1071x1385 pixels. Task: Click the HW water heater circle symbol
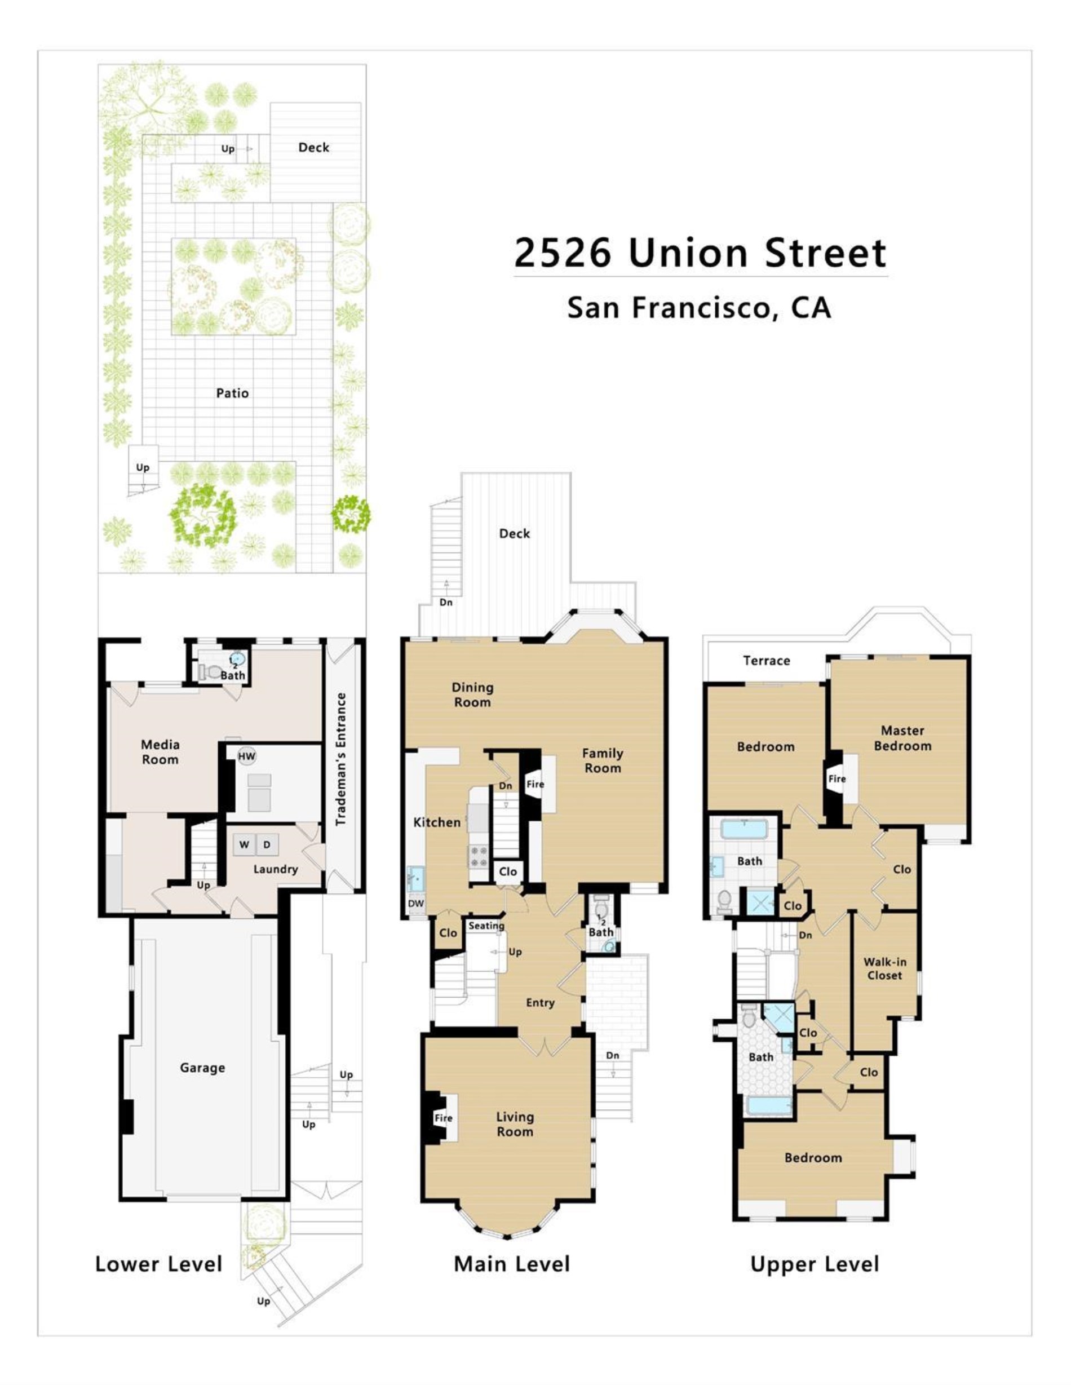coord(247,756)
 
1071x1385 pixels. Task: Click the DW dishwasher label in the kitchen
coord(415,904)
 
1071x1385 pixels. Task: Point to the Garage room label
coord(202,1068)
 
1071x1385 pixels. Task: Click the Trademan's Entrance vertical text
coord(341,759)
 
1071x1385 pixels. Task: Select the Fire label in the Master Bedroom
coord(837,779)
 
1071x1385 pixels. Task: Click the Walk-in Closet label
coord(884,968)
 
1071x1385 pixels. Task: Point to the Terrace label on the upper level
coord(767,661)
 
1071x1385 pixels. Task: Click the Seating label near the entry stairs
coord(486,926)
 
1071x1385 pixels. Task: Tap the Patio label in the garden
coord(232,393)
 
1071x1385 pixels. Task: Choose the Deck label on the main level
coord(514,533)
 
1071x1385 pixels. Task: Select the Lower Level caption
coord(158,1264)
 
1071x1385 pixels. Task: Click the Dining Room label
coord(472,694)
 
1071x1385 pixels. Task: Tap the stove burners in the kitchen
coord(479,856)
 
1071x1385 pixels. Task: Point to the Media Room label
coord(160,751)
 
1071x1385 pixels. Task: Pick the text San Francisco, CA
coord(699,308)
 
